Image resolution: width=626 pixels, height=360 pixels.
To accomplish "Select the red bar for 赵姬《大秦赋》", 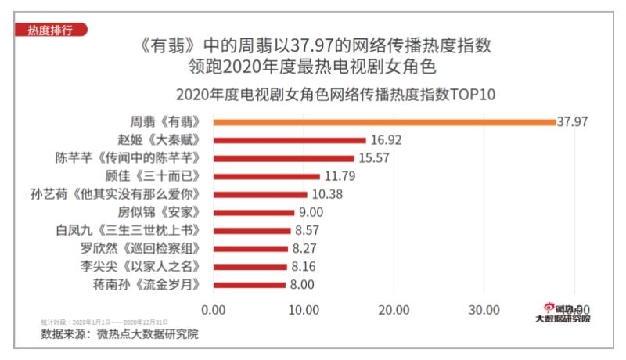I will (290, 140).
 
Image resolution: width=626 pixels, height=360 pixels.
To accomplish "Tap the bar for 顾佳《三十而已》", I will (266, 176).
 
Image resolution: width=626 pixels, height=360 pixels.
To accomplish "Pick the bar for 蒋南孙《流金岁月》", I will (249, 285).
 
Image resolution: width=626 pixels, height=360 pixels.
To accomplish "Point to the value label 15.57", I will (374, 158).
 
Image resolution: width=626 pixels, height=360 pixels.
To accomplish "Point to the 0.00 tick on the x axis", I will (213, 309).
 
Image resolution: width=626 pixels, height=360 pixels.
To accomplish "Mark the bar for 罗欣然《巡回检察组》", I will (250, 249).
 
